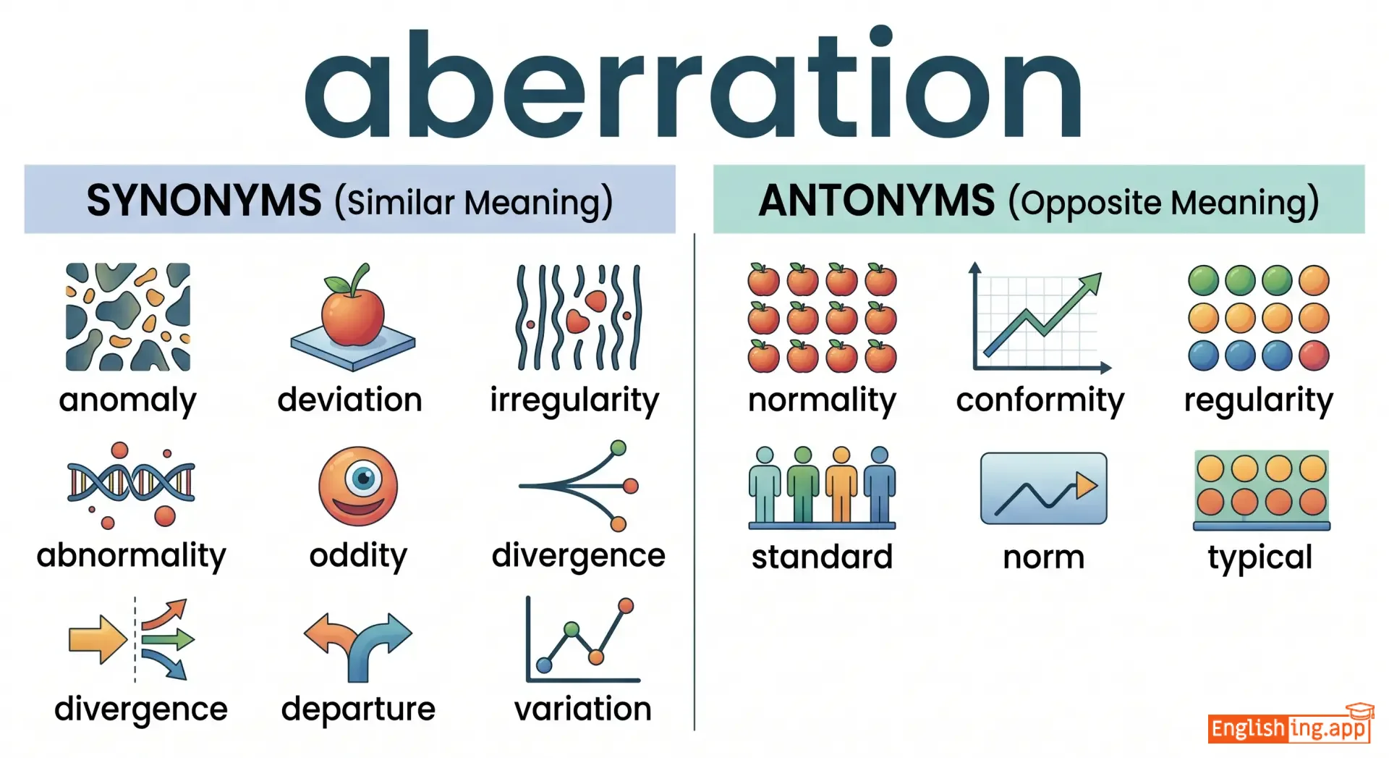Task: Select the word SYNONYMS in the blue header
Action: point(204,201)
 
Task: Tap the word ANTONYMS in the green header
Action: point(877,201)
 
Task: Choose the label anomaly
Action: point(128,400)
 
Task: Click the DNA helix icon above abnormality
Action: point(131,484)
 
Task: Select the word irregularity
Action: point(574,400)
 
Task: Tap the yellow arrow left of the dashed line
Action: point(98,639)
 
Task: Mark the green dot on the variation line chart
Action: point(572,629)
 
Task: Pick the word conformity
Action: point(1040,400)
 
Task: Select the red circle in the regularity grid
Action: point(1314,355)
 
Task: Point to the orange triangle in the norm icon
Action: point(1085,485)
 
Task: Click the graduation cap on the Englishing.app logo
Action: point(1359,711)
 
